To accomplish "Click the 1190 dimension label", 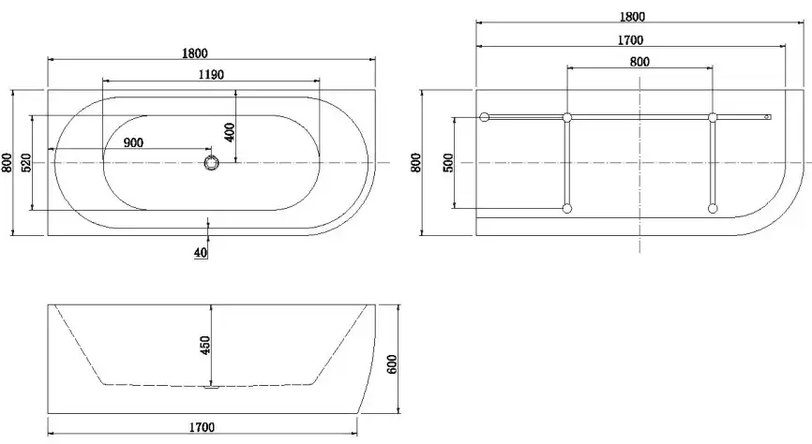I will tap(210, 75).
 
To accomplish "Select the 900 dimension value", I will tap(133, 142).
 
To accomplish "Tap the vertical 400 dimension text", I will tap(230, 131).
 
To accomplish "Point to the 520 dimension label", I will tap(25, 162).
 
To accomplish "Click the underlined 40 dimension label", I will tap(201, 253).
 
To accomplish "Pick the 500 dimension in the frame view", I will tap(448, 162).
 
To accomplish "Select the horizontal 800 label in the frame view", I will tap(639, 62).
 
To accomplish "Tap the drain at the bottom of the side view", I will tap(209, 385).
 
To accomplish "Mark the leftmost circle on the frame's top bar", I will tap(485, 117).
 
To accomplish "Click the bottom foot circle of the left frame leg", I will tap(566, 208).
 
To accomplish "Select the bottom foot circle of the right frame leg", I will tap(713, 208).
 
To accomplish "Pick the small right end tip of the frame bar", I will tap(768, 117).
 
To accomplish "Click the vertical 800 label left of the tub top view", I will tap(8, 163).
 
